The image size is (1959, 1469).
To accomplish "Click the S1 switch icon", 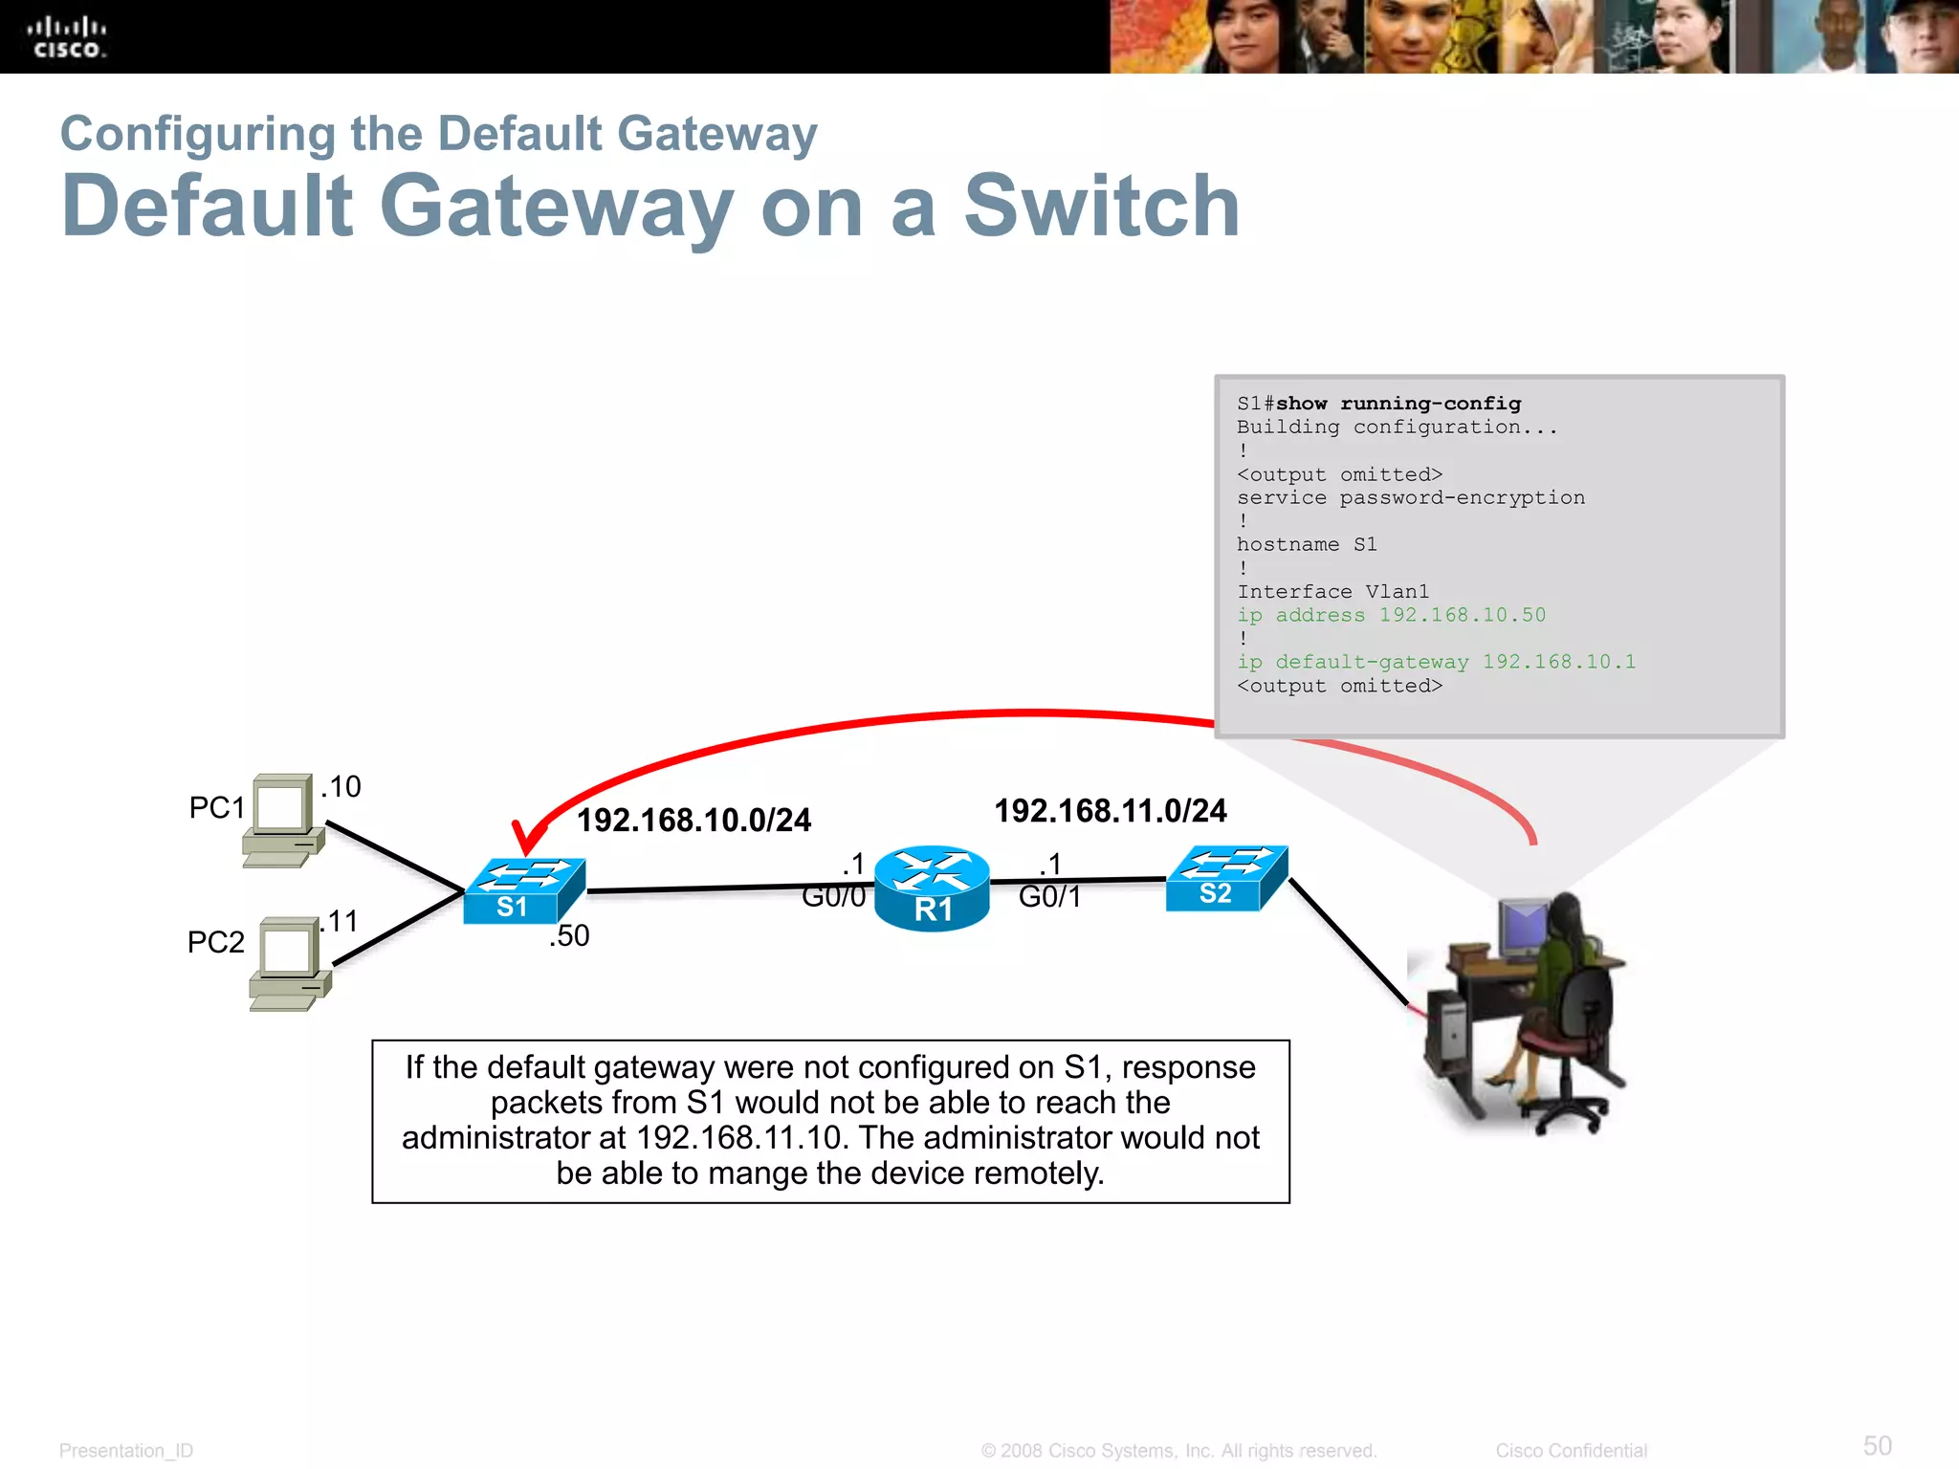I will (x=523, y=890).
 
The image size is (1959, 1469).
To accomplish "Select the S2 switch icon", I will (x=1226, y=878).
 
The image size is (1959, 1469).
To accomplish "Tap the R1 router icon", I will (x=932, y=888).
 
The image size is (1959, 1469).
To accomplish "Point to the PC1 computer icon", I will (x=283, y=820).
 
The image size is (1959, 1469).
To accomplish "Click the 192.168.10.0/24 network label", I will (x=693, y=820).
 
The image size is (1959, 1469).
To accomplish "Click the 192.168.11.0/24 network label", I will (x=1110, y=811).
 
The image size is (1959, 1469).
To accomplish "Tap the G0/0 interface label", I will (x=833, y=897).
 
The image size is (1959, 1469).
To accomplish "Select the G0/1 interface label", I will (x=1049, y=897).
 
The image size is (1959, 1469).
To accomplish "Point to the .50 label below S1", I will (x=569, y=935).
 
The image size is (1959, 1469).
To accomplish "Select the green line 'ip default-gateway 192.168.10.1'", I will (x=1436, y=662).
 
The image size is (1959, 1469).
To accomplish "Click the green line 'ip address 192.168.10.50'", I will (x=1391, y=615).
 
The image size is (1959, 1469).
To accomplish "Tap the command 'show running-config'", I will (x=1398, y=404).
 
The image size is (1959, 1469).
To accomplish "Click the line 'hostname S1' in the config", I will (x=1307, y=544).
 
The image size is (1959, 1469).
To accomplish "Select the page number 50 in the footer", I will (x=1877, y=1445).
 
